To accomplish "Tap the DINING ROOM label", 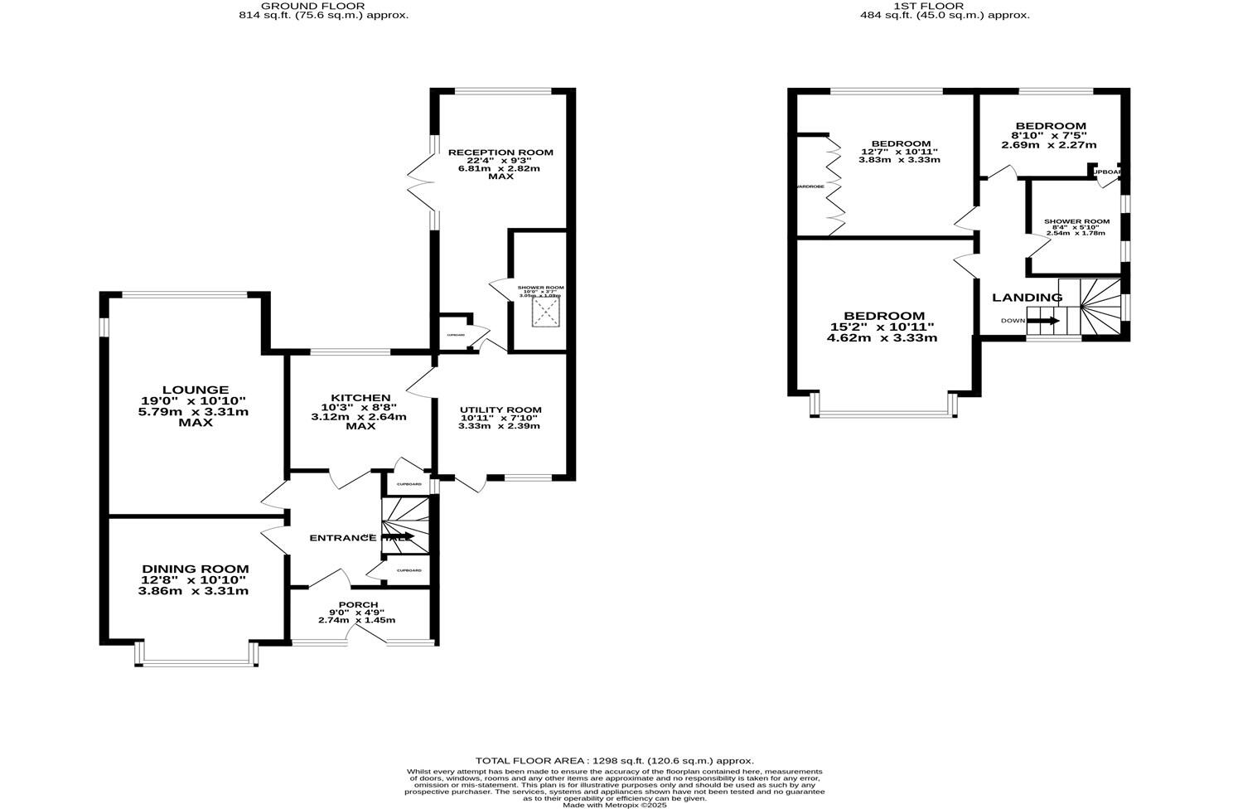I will [195, 569].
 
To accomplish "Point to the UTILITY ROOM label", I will [500, 409].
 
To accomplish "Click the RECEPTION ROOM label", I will [500, 153].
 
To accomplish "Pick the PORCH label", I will [358, 605].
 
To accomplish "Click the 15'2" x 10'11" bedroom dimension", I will [884, 327].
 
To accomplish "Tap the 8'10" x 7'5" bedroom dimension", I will [1048, 135].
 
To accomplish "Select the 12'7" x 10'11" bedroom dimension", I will [899, 152].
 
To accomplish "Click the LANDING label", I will [1027, 298].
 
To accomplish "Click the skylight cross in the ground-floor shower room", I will [545, 312].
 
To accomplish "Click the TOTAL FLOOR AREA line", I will [614, 760].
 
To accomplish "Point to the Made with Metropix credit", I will [614, 805].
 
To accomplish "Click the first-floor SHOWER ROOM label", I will [1076, 221].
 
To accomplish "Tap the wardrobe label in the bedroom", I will [810, 187].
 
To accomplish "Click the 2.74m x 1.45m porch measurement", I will [356, 620].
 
